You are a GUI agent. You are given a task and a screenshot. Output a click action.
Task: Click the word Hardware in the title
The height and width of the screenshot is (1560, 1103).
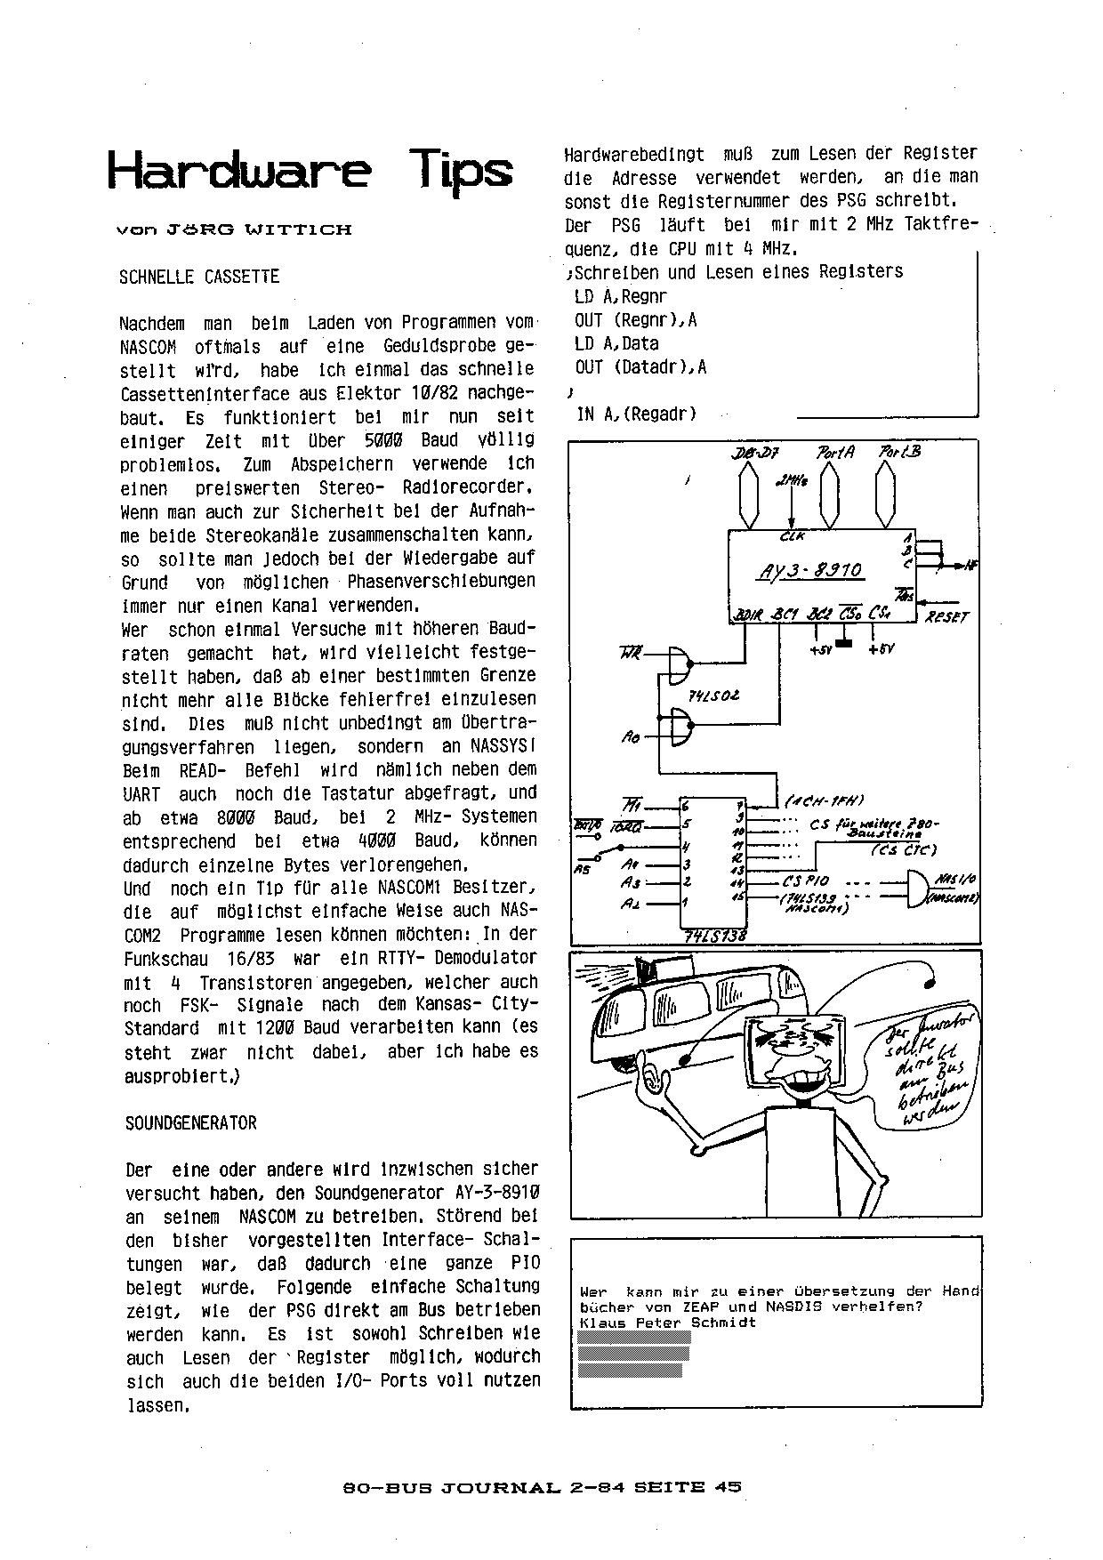pos(239,170)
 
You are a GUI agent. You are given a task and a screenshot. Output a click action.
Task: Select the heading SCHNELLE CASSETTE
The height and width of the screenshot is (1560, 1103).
pos(199,277)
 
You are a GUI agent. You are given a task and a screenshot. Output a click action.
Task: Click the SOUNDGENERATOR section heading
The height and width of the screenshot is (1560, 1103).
pos(190,1123)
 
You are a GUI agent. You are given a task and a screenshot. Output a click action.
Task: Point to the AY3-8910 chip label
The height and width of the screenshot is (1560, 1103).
pos(810,570)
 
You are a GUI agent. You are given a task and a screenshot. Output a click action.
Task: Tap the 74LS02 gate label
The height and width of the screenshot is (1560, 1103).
pos(713,696)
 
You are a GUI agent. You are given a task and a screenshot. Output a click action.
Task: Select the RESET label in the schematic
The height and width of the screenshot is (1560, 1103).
pos(946,616)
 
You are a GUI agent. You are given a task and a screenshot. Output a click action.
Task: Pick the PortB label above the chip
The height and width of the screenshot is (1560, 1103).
pos(899,451)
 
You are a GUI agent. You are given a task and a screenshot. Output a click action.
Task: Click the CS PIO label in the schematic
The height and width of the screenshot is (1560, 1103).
pos(806,881)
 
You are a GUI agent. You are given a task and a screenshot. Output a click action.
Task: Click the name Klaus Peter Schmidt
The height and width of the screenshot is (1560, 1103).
pos(667,1323)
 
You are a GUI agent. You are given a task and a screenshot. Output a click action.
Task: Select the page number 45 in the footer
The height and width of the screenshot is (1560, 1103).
pos(727,1486)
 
